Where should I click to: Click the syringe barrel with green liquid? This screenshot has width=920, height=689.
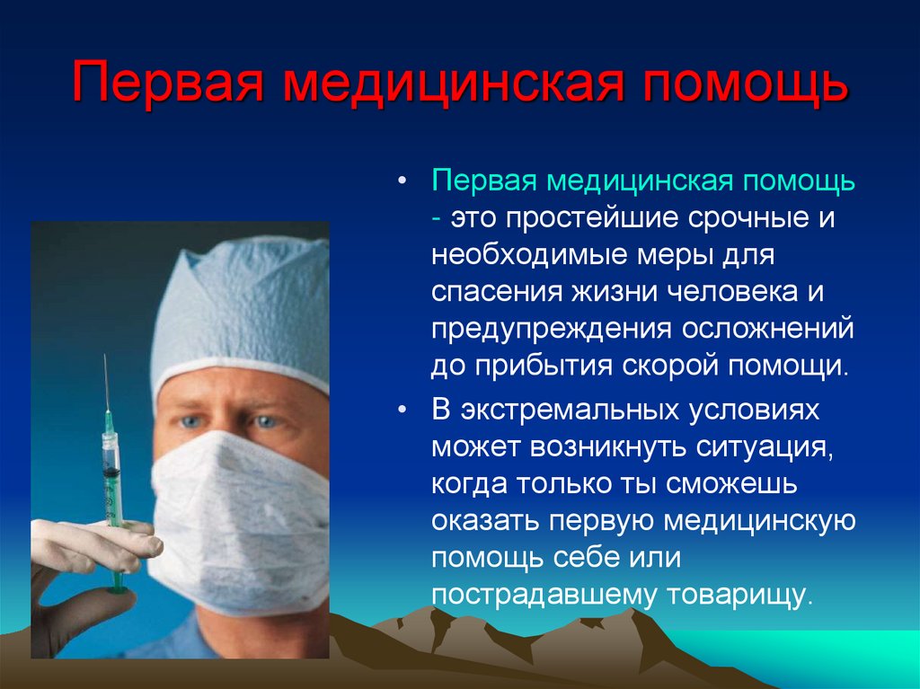111,485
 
